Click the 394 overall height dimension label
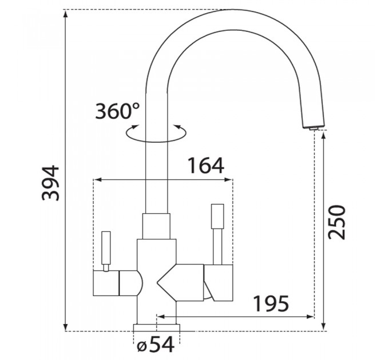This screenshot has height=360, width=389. click(x=51, y=183)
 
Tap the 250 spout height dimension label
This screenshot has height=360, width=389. click(x=336, y=222)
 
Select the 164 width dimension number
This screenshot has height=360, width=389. click(x=206, y=165)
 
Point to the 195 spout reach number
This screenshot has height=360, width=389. click(x=272, y=303)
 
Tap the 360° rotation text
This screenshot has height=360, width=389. click(x=117, y=111)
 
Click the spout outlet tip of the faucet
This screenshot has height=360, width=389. click(x=313, y=127)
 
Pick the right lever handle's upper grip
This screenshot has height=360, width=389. click(x=217, y=217)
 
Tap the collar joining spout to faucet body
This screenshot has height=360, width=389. click(x=156, y=226)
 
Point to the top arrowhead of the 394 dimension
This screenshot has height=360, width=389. click(x=65, y=14)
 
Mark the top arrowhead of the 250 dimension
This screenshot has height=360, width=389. click(x=324, y=136)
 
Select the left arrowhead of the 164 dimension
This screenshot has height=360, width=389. click(x=97, y=179)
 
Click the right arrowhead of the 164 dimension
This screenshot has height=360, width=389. click(x=228, y=179)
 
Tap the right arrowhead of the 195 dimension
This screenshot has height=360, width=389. click(x=311, y=317)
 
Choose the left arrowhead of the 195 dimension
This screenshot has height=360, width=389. click(x=161, y=317)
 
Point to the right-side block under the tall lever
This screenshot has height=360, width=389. click(x=219, y=283)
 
